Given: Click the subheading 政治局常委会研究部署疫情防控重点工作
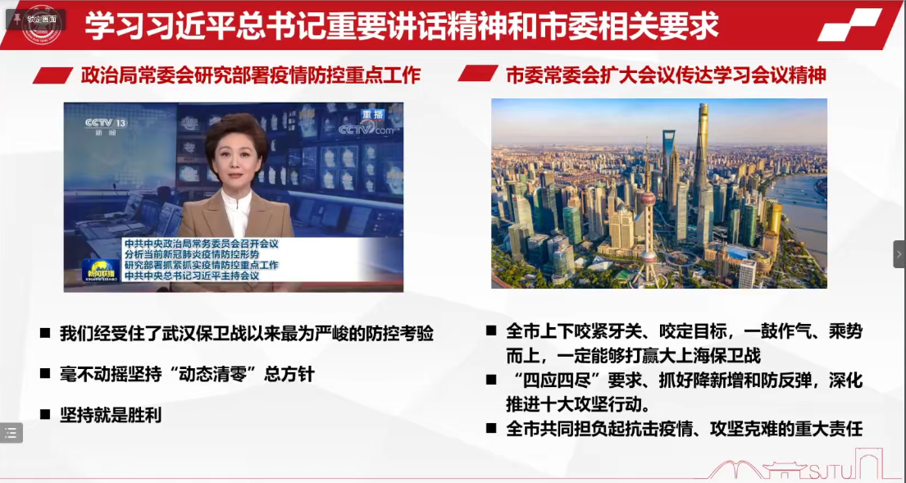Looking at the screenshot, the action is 251,75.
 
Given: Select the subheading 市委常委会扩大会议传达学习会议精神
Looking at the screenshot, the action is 667,75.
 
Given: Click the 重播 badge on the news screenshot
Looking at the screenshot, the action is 372,115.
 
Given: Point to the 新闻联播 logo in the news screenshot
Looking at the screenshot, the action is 101,271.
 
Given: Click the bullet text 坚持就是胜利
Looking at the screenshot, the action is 111,415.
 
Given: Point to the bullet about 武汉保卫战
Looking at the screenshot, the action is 246,334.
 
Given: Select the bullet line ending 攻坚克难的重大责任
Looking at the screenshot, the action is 684,429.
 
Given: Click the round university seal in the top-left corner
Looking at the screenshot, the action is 41,25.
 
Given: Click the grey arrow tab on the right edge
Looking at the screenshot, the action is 899,254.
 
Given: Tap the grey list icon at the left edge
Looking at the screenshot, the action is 11,433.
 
